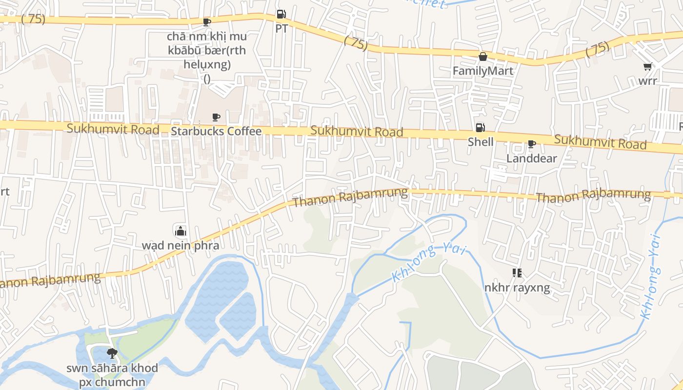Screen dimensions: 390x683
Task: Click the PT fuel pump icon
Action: tap(281, 15)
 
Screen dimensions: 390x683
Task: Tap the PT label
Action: tap(281, 28)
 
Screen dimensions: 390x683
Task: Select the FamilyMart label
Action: tap(482, 71)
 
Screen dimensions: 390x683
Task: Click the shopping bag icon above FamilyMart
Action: tap(483, 57)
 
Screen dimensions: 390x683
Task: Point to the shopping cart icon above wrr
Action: tap(647, 67)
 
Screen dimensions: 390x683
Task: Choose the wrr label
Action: tap(648, 81)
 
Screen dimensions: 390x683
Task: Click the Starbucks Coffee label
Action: tap(216, 131)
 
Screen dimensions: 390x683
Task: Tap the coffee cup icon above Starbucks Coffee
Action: tap(216, 117)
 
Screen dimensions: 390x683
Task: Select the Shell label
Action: tap(481, 142)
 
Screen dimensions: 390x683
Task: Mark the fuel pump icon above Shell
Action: tap(481, 128)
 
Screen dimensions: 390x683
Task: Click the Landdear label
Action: tap(531, 158)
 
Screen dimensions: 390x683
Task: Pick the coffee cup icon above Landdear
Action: tap(531, 144)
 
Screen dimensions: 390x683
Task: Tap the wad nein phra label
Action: tap(181, 245)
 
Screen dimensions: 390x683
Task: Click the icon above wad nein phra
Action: tap(181, 231)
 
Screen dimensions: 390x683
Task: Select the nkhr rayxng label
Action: tap(517, 288)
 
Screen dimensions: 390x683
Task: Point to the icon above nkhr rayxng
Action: tap(517, 273)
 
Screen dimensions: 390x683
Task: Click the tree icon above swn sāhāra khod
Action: tap(112, 353)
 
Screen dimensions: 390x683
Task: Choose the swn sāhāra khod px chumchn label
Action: tap(112, 374)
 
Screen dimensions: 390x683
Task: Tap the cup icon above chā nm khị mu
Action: tap(207, 22)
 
